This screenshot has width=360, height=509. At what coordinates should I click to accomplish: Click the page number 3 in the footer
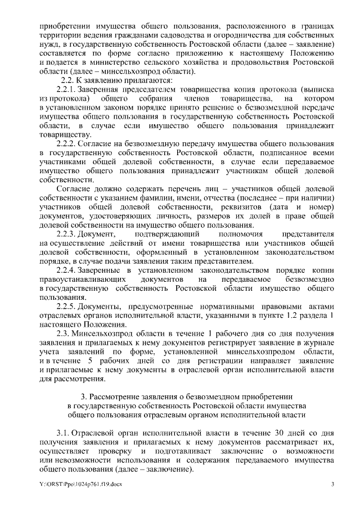point(332,484)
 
